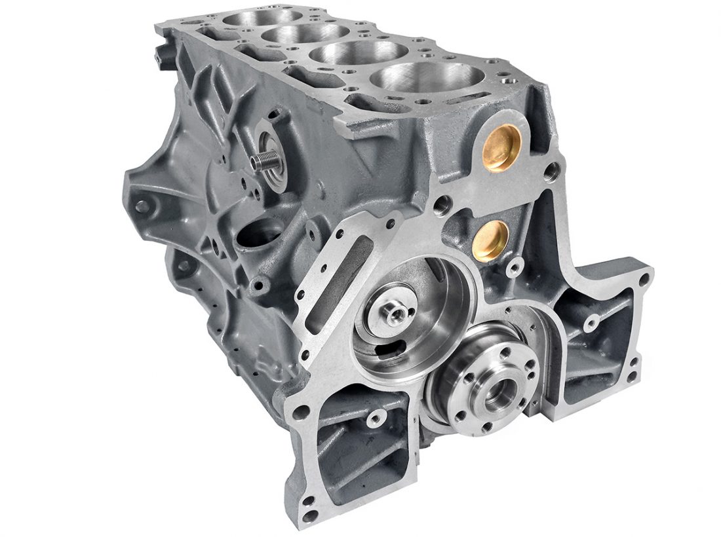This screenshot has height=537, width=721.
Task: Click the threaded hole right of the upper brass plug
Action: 553,172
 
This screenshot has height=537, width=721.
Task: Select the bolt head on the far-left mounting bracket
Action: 142,206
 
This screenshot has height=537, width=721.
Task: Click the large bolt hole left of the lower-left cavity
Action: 301,413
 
